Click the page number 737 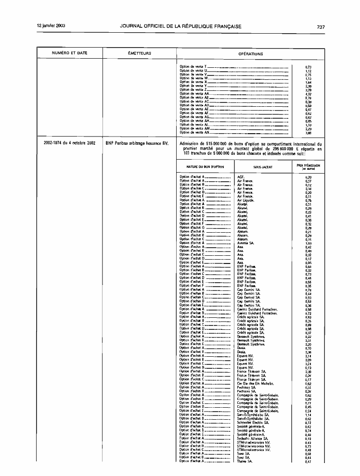[321, 26]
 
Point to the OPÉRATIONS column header [250, 53]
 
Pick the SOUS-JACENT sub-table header [263, 166]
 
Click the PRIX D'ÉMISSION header [308, 166]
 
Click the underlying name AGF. [241, 177]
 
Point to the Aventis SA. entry [246, 242]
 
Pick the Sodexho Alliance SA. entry [253, 438]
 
